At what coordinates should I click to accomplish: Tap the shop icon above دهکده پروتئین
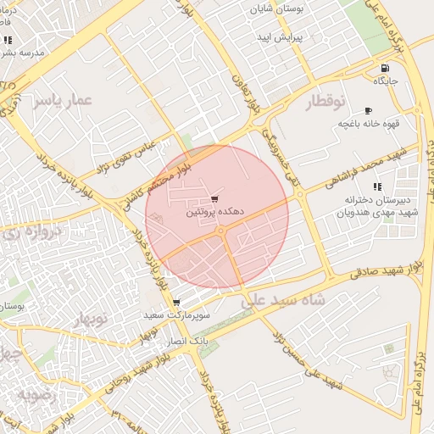(x=214, y=198)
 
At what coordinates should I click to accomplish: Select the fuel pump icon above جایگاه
(x=386, y=69)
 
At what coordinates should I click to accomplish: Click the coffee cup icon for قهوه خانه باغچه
(x=368, y=111)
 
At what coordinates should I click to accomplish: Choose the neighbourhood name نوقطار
(x=325, y=102)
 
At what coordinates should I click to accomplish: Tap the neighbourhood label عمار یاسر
(x=61, y=101)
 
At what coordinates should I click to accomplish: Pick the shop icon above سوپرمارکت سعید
(x=175, y=303)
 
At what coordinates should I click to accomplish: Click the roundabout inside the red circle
(x=220, y=231)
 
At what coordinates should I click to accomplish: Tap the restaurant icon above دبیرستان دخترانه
(x=376, y=186)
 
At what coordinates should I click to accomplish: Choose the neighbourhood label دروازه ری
(x=33, y=231)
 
